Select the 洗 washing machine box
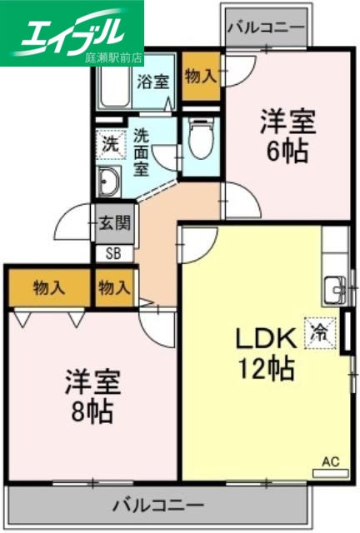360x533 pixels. pos(110,143)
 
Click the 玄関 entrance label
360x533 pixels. pos(113,222)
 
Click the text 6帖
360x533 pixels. pos(288,151)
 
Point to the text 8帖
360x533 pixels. pos(92,410)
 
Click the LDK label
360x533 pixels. pos(264,338)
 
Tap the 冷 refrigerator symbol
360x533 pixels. pos(320,332)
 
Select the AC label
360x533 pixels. pos(331,460)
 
